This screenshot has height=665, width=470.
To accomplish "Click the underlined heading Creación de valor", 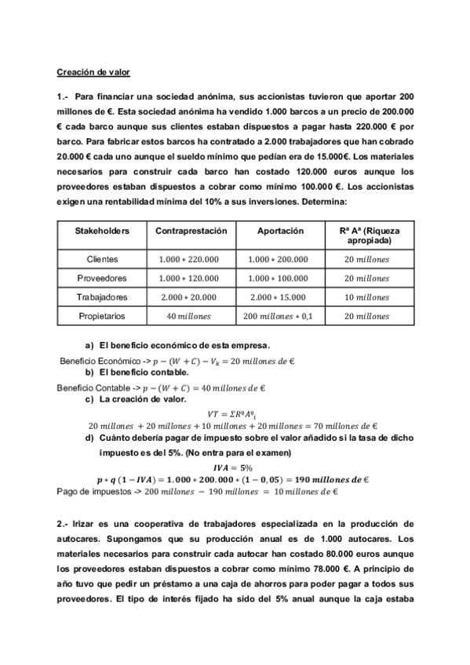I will click(93, 72).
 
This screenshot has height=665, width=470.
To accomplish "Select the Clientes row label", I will click(102, 260).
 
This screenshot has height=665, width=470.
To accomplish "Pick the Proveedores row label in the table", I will click(102, 278).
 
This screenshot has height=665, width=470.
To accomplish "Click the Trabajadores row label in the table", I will click(102, 297).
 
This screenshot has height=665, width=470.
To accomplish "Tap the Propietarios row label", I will click(102, 316).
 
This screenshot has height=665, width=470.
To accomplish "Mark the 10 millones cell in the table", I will click(366, 297).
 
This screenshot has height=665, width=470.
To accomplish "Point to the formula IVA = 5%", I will click(236, 466).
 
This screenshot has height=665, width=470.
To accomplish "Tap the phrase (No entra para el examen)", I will click(238, 452).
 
